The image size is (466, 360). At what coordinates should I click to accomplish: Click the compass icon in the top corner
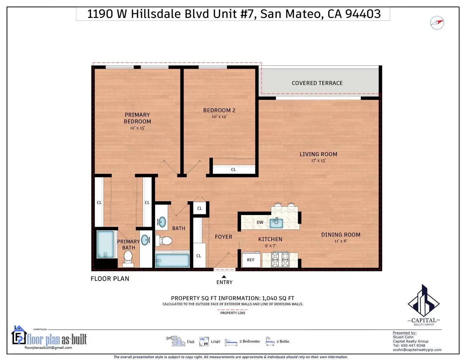pyautogui.click(x=437, y=23)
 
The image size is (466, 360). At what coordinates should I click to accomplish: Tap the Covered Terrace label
pyautogui.click(x=317, y=83)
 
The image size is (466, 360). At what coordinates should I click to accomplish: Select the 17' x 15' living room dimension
pyautogui.click(x=318, y=160)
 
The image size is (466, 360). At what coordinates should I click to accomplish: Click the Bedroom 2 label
pyautogui.click(x=219, y=110)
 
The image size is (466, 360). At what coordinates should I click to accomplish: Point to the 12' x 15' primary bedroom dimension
pyautogui.click(x=137, y=128)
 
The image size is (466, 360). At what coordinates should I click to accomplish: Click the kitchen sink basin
pyautogui.click(x=276, y=223)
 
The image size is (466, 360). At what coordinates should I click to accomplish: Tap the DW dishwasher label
pyautogui.click(x=260, y=222)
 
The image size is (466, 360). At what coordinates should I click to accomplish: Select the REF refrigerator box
pyautogui.click(x=251, y=260)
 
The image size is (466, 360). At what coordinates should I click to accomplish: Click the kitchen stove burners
pyautogui.click(x=280, y=260)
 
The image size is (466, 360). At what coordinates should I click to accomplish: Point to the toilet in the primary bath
pyautogui.click(x=128, y=258)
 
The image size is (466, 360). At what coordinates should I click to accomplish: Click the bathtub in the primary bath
pyautogui.click(x=105, y=244)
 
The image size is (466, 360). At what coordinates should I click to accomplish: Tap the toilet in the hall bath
pyautogui.click(x=164, y=241)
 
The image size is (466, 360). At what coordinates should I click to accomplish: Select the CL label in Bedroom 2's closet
pyautogui.click(x=234, y=170)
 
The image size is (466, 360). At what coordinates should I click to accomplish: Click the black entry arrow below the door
pyautogui.click(x=224, y=277)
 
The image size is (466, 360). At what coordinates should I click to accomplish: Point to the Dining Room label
pyautogui.click(x=341, y=235)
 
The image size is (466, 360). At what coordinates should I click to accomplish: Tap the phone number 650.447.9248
pyautogui.click(x=413, y=345)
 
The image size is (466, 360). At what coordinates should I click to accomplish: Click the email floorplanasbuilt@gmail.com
pyautogui.click(x=48, y=348)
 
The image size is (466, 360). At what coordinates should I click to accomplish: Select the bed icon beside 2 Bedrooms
pyautogui.click(x=231, y=342)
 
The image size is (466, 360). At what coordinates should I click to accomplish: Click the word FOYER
pyautogui.click(x=223, y=237)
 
